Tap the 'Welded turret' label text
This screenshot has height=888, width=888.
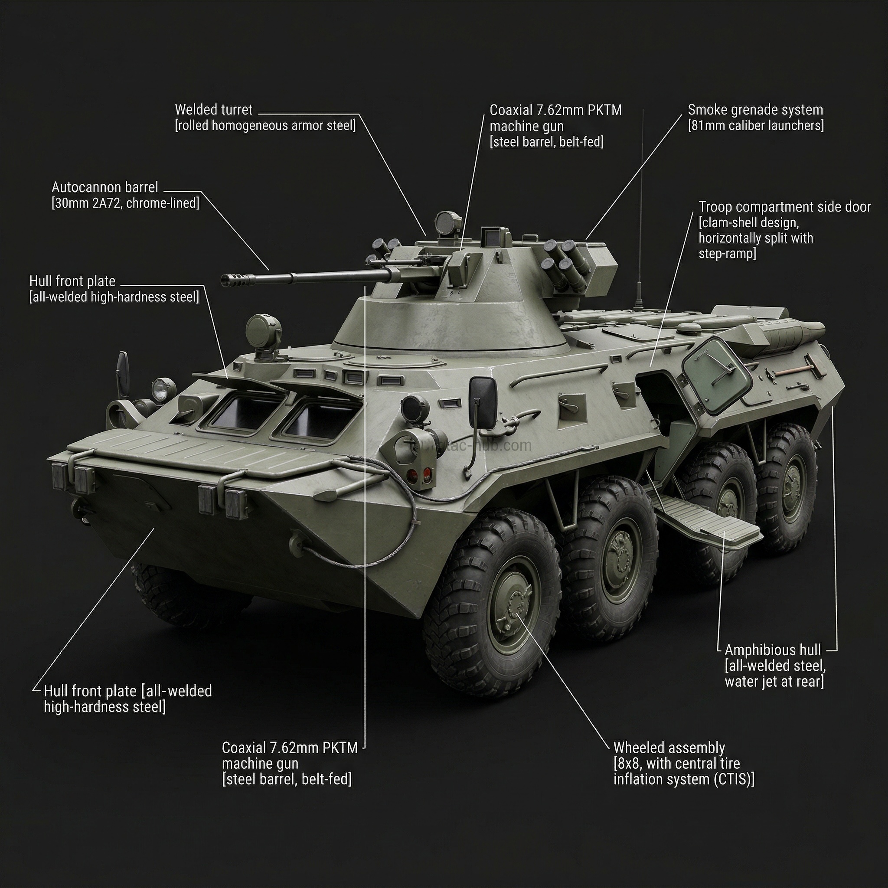(x=214, y=110)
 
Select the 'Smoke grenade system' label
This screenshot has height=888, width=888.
(x=755, y=110)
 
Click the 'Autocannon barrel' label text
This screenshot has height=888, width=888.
(x=105, y=187)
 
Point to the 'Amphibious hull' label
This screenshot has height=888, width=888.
(x=773, y=650)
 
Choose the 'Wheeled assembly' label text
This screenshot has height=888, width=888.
(x=669, y=748)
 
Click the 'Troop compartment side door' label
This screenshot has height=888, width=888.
(x=784, y=207)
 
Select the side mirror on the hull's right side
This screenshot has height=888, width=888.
(x=483, y=404)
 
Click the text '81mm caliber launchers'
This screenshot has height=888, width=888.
(x=756, y=126)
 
